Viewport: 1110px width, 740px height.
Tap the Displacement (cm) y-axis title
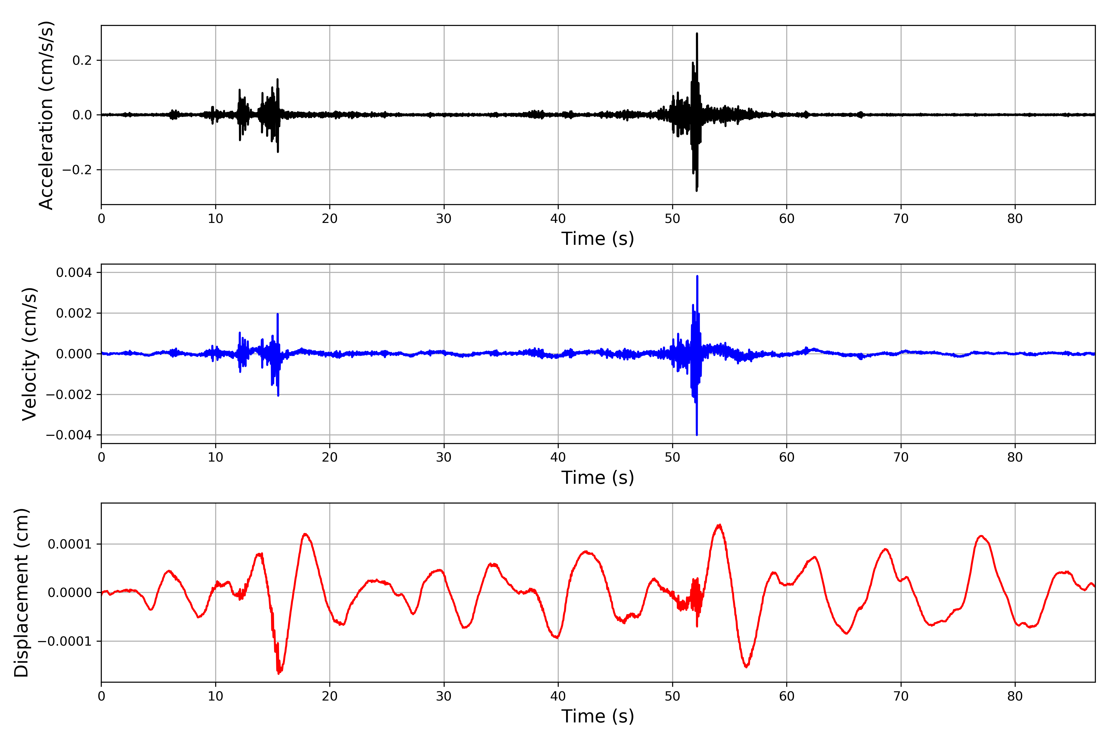click(x=21, y=592)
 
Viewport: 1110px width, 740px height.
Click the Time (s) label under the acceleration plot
click(x=598, y=239)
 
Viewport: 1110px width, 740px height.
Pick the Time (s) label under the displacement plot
click(x=598, y=716)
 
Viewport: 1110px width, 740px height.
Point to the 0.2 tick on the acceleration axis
click(x=82, y=60)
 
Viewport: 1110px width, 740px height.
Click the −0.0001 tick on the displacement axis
click(x=65, y=641)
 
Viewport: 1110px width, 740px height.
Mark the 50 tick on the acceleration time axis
click(x=672, y=219)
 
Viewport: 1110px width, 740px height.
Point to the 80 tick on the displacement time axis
click(x=1015, y=696)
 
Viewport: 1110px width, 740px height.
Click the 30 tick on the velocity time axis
click(x=444, y=457)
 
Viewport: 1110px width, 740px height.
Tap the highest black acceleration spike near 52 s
click(x=697, y=34)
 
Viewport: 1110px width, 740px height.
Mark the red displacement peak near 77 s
click(x=981, y=536)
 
